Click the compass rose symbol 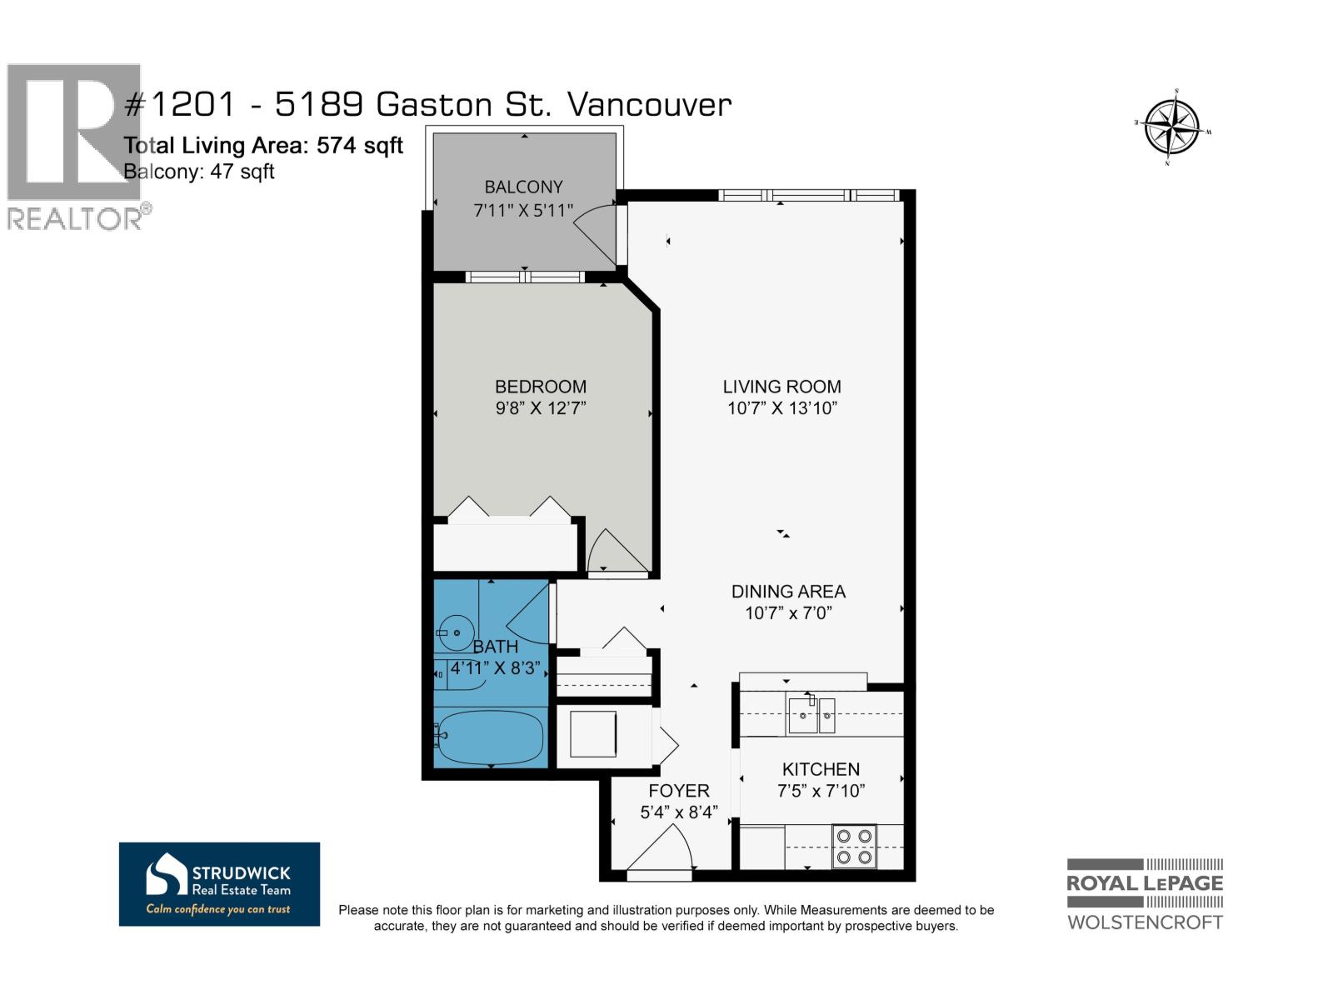[x=1172, y=127]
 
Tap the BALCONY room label [x=523, y=187]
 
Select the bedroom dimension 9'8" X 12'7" [x=541, y=408]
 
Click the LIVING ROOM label [x=781, y=387]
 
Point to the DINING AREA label [x=788, y=592]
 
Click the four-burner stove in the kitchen [x=854, y=846]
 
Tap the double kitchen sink [x=811, y=715]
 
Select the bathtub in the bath [x=490, y=737]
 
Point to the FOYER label [x=679, y=791]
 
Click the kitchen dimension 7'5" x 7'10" [x=821, y=791]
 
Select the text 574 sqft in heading [x=360, y=146]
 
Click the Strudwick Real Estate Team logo [x=219, y=883]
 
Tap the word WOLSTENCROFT [x=1145, y=922]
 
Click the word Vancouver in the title [x=649, y=105]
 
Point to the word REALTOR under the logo [x=74, y=219]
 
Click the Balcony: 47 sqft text [x=199, y=172]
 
